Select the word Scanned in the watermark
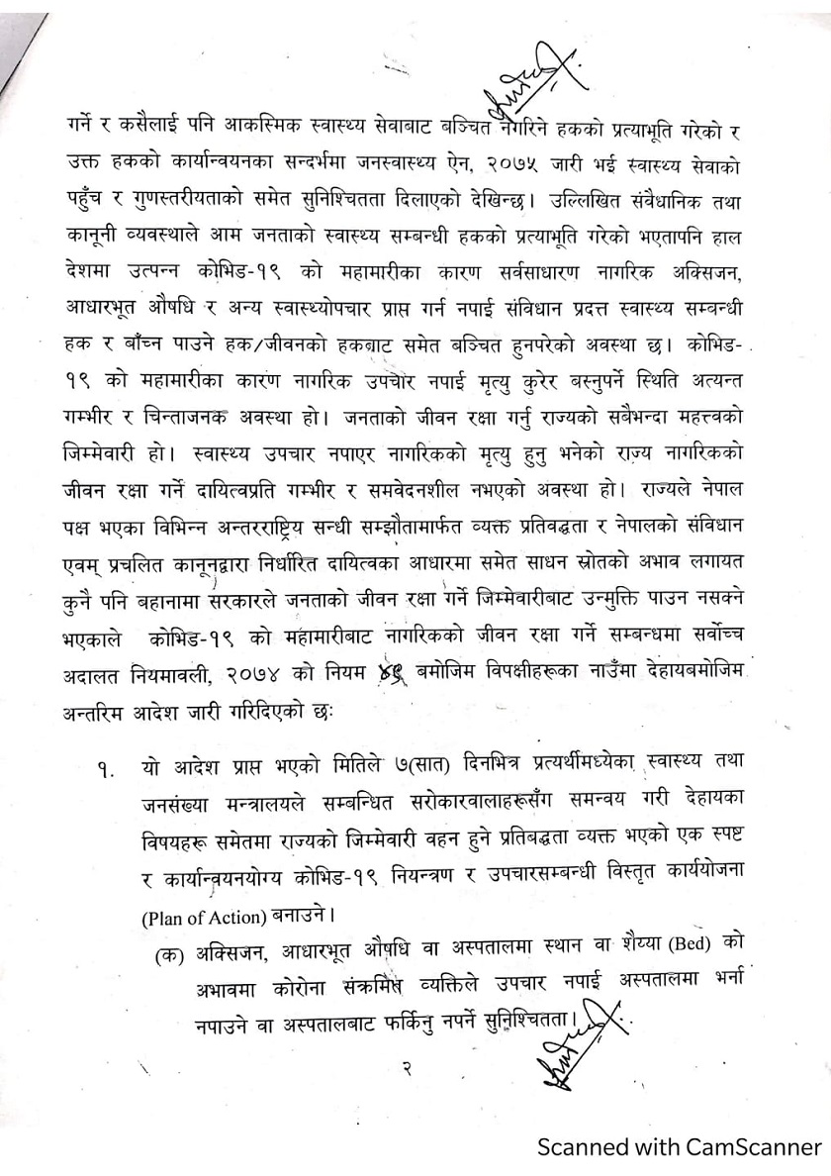pos(581,1147)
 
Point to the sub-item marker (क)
pos(170,955)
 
